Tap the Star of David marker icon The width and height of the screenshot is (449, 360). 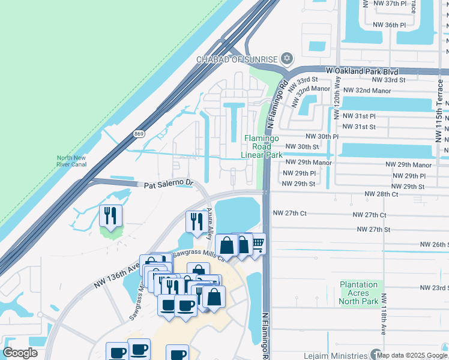coord(286,58)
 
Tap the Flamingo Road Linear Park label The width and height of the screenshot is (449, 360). coord(262,146)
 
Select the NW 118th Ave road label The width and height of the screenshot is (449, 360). coord(379,325)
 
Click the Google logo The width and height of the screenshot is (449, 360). coord(20,353)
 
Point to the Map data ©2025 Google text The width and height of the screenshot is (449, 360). coord(412,355)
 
